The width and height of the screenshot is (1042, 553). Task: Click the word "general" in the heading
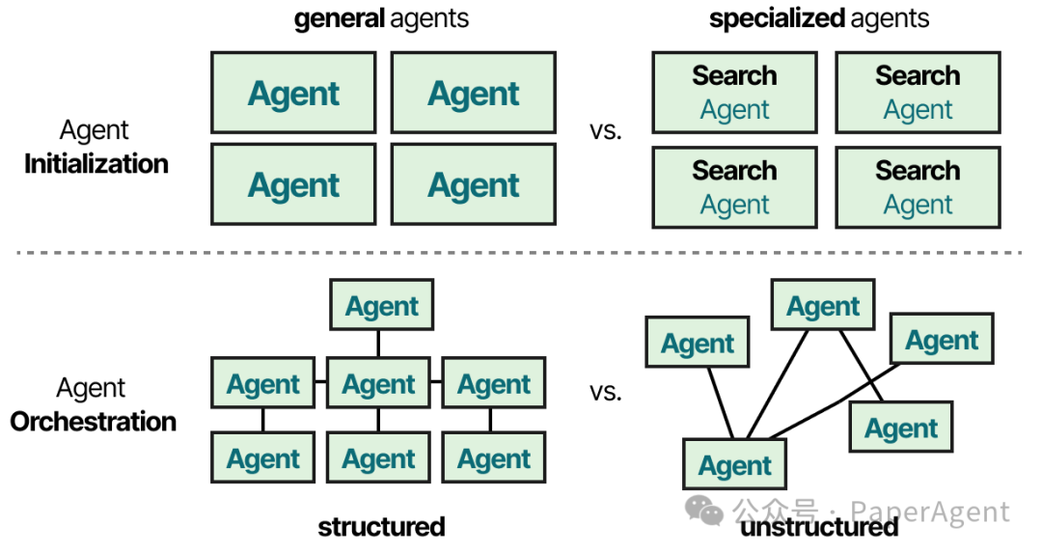[339, 19]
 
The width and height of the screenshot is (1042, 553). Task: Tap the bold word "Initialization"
[96, 164]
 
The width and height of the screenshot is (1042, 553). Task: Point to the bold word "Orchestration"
[93, 422]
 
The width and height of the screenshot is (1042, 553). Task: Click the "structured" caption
[381, 527]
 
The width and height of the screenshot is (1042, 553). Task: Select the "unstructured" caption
[819, 527]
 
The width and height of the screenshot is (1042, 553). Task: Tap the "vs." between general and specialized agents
[605, 130]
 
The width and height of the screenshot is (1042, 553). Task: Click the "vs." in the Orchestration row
[605, 392]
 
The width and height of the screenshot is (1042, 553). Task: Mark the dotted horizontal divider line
[519, 253]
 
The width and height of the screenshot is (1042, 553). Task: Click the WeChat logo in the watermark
[703, 511]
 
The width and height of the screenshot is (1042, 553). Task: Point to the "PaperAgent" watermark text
[930, 512]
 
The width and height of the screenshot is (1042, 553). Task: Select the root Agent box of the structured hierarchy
[381, 305]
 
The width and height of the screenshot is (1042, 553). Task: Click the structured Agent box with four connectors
[379, 383]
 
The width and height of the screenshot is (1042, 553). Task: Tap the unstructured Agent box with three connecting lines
[735, 464]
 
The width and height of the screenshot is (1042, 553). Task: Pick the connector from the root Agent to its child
[379, 344]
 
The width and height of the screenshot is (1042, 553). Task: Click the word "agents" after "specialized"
[890, 19]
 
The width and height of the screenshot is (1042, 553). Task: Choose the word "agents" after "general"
[429, 19]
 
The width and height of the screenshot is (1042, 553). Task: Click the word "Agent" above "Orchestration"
[91, 388]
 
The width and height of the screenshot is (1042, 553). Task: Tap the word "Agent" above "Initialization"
[94, 129]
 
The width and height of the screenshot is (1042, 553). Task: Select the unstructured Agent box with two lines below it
[823, 305]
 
